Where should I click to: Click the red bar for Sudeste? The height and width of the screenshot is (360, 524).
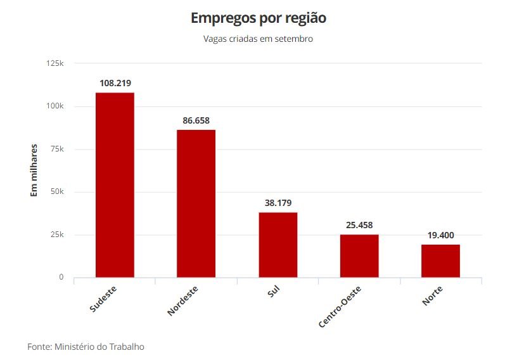(x=115, y=185)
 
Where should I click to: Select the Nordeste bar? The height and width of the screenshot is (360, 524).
(x=196, y=203)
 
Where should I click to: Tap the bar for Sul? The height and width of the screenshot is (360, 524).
(x=278, y=245)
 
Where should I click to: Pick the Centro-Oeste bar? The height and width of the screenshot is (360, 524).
(x=359, y=256)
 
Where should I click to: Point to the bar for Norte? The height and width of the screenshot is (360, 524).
(x=440, y=261)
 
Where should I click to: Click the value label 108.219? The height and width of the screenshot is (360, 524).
(x=115, y=83)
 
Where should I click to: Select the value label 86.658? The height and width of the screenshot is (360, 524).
(x=196, y=120)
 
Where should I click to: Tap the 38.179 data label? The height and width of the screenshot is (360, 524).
(x=278, y=203)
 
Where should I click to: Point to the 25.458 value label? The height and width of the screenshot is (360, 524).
(x=359, y=224)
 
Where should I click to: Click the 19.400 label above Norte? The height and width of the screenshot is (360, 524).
(x=440, y=235)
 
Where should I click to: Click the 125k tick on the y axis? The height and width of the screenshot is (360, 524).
(x=55, y=63)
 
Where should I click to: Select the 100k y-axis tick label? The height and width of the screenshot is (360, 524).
(x=55, y=106)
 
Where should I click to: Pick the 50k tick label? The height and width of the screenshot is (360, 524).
(x=57, y=192)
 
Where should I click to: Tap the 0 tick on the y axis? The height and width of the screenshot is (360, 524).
(x=61, y=278)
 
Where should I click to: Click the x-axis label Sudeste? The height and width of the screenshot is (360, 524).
(x=103, y=300)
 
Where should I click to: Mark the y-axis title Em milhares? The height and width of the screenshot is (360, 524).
(x=35, y=170)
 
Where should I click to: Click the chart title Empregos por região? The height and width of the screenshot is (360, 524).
(x=259, y=18)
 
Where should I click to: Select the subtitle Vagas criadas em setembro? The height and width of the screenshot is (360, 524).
(x=259, y=39)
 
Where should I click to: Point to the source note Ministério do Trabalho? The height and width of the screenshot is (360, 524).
(x=99, y=347)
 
